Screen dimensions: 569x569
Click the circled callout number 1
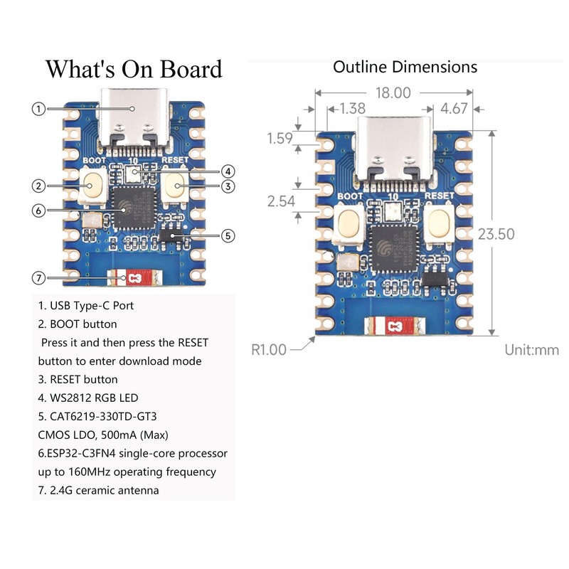coord(38,109)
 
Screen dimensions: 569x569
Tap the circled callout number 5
coord(228,236)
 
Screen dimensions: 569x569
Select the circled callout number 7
coord(38,278)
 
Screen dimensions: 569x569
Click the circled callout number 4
coord(228,171)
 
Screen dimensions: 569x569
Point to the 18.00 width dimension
coord(393,93)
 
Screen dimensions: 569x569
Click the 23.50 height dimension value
coord(496,234)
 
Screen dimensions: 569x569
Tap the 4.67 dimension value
coord(454,109)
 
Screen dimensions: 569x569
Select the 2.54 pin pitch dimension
coord(281,201)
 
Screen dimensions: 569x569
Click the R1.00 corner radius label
coord(269,350)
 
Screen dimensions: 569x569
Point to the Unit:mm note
coord(531,350)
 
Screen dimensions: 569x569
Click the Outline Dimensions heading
coord(405,67)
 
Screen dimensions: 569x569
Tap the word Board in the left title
coord(191,69)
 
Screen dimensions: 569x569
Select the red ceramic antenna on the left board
coord(134,278)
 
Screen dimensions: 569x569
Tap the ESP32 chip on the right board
coord(394,248)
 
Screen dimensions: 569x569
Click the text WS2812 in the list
coord(70,398)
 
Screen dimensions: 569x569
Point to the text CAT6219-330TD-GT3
coord(103,416)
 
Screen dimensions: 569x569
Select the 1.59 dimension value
coord(280,138)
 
